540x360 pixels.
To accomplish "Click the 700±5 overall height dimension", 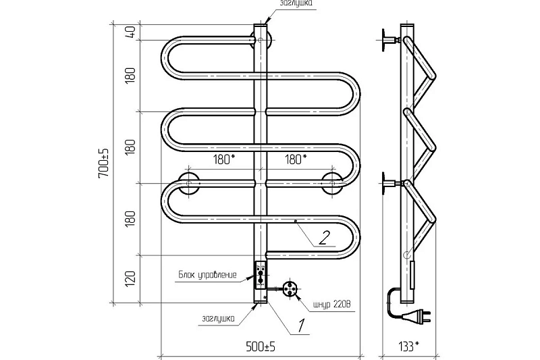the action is tap(103, 163).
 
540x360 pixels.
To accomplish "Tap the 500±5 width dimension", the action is tap(261, 346).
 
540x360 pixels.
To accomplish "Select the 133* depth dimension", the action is tap(408, 346).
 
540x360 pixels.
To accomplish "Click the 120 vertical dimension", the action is tap(131, 279).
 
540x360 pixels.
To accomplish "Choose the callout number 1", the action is tap(301, 326).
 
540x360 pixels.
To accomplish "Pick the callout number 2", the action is tap(324, 238).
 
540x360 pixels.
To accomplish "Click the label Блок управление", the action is tap(207, 275).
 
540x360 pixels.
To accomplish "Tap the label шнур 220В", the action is tap(333, 305).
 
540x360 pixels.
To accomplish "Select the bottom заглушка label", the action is tap(218, 318).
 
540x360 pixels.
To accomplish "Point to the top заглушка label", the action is tap(296, 3).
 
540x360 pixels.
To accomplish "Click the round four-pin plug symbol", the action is tap(290, 288).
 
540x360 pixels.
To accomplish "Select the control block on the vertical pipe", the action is tap(260, 276).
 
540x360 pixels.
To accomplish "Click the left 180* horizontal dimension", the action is tap(224, 159).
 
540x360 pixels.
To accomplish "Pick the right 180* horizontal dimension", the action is tap(296, 159).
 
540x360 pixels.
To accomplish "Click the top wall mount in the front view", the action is tap(261, 41).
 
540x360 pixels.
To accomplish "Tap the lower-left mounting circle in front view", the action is tap(189, 183).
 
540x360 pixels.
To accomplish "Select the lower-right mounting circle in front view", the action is tap(332, 183).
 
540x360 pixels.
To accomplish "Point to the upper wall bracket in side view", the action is tap(390, 41).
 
